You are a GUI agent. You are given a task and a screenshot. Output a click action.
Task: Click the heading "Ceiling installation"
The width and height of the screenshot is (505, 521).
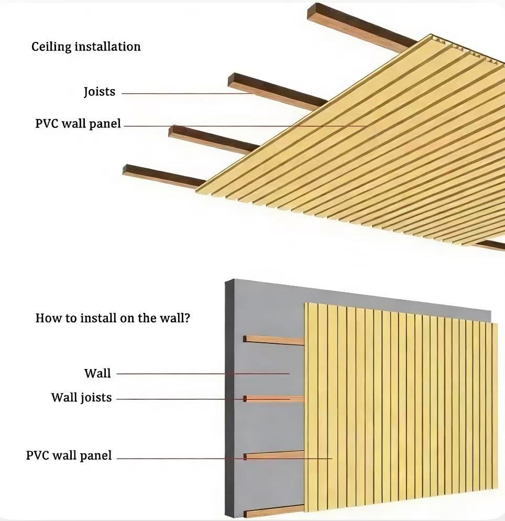(86, 47)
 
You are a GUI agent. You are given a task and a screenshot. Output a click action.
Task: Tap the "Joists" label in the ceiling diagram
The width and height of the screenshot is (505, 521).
(99, 92)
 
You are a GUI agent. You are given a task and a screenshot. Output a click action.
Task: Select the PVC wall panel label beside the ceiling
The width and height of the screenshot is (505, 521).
(78, 124)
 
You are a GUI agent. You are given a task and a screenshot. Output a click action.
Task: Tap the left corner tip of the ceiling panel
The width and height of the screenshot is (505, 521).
(198, 191)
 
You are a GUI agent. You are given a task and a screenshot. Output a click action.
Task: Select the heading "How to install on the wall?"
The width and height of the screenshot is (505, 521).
(112, 318)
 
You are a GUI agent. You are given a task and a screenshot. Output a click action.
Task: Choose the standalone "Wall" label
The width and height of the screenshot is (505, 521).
(97, 373)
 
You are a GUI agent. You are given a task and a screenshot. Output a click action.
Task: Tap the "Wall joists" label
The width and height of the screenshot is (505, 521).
(81, 397)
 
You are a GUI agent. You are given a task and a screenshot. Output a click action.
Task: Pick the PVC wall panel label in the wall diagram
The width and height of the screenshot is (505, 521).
(69, 455)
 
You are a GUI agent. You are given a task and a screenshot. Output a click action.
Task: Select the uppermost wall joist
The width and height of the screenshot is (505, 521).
(273, 340)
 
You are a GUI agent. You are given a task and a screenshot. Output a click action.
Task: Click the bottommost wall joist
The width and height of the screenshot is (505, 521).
(273, 509)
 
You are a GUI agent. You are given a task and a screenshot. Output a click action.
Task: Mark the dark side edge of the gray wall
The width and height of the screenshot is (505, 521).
(229, 398)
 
